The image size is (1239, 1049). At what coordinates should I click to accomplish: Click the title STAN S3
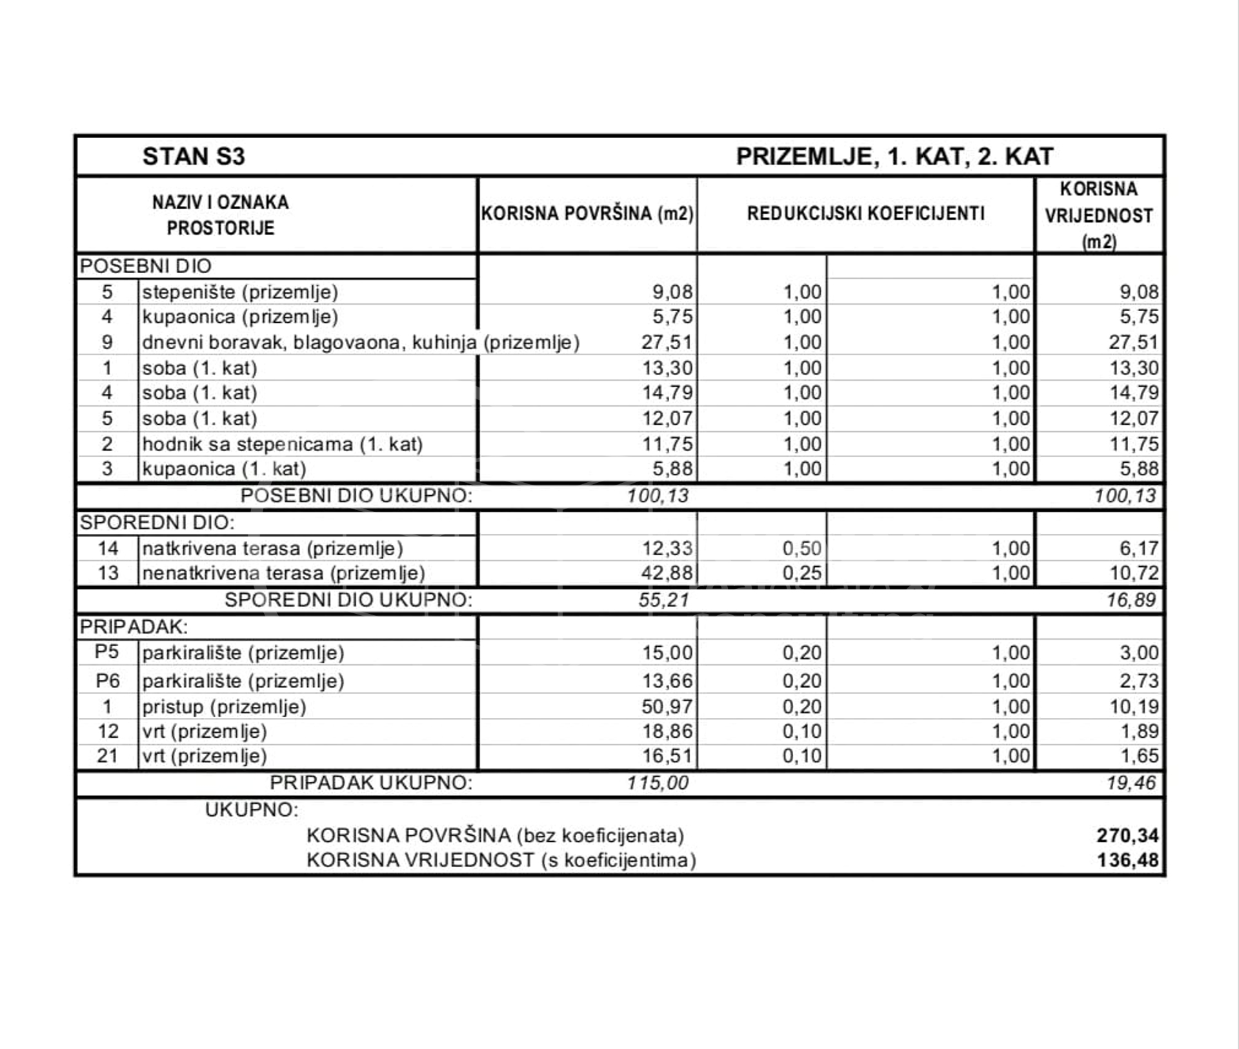click(x=194, y=157)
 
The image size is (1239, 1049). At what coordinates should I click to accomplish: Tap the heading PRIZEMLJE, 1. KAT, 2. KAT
click(x=894, y=157)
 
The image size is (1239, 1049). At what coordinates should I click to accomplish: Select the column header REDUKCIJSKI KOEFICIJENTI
click(x=865, y=214)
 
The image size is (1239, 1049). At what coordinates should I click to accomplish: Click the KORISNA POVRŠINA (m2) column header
click(x=587, y=214)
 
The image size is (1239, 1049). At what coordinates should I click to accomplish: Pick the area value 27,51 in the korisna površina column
click(x=667, y=342)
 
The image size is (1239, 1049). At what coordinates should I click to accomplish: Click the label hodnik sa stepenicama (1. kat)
click(x=282, y=444)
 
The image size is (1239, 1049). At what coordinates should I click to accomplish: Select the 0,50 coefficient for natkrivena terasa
click(x=802, y=548)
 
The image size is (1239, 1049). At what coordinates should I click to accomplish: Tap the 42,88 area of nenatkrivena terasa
click(x=667, y=573)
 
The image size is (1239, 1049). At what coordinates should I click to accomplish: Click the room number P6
click(x=107, y=680)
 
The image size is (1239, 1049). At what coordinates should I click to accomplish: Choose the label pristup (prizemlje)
click(x=224, y=706)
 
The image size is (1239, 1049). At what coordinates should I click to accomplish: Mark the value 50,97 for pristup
click(x=667, y=706)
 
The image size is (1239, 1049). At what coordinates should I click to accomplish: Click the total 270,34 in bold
click(x=1127, y=835)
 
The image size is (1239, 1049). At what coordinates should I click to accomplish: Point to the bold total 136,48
click(x=1127, y=860)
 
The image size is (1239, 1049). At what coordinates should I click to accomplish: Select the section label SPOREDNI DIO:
click(x=157, y=522)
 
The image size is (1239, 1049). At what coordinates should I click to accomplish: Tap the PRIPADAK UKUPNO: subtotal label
click(x=371, y=782)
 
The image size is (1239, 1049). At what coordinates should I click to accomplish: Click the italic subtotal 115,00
click(x=658, y=782)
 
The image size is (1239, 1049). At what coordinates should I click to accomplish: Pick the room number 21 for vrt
click(x=107, y=755)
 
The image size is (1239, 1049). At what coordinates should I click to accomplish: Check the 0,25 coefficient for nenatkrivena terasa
click(x=802, y=573)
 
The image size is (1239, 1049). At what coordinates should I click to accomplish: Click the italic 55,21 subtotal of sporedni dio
click(x=663, y=600)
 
